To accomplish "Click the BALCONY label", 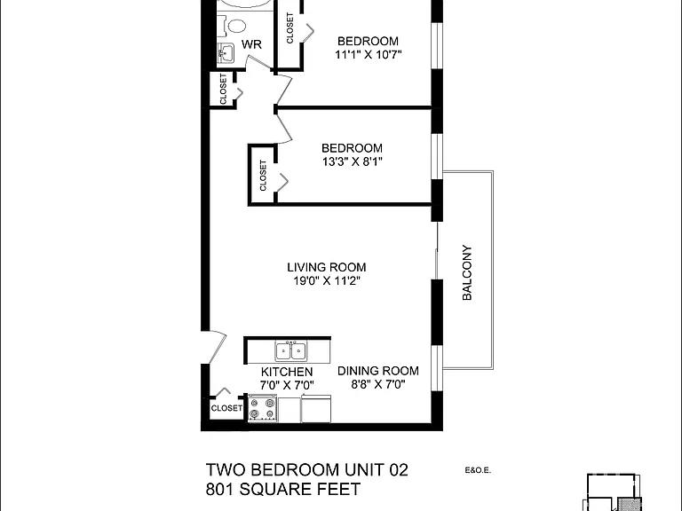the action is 467,272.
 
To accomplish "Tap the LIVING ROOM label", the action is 326,267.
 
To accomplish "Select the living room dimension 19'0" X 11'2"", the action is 327,280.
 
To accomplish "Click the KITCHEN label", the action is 287,372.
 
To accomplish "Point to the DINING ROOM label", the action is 378,371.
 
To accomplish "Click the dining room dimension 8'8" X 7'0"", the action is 378,384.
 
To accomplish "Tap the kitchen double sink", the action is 290,350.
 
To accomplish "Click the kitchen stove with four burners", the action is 263,408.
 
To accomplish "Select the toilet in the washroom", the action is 234,26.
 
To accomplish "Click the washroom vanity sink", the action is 226,53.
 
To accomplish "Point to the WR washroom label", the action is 251,44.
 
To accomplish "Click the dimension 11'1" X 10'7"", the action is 368,55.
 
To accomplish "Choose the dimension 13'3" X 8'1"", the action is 353,161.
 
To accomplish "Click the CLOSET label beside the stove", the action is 226,408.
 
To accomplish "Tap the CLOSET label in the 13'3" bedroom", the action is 263,176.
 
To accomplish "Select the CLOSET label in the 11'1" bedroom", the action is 289,28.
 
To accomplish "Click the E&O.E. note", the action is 478,470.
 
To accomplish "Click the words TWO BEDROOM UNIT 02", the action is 306,469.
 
